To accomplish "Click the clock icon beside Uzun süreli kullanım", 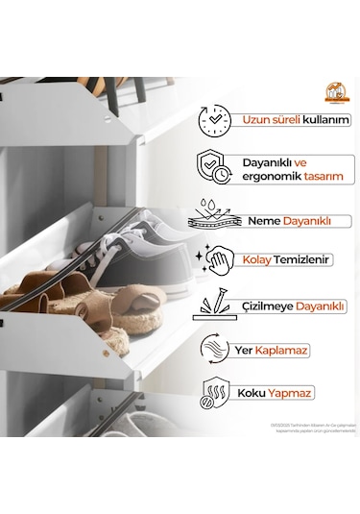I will (x=214, y=120).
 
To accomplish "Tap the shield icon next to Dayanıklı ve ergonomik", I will (x=214, y=167).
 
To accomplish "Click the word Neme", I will (x=263, y=221).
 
